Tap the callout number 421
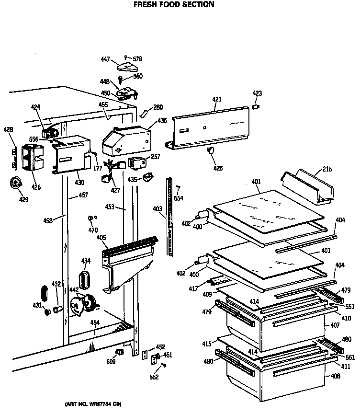[x=217, y=99]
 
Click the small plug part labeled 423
[x=256, y=105]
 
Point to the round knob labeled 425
[x=210, y=152]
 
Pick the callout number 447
[x=105, y=59]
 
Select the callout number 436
[x=162, y=121]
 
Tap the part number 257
[x=156, y=157]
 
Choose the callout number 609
[x=111, y=362]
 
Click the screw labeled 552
[x=164, y=365]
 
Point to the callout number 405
[x=101, y=237]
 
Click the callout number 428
[x=9, y=129]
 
